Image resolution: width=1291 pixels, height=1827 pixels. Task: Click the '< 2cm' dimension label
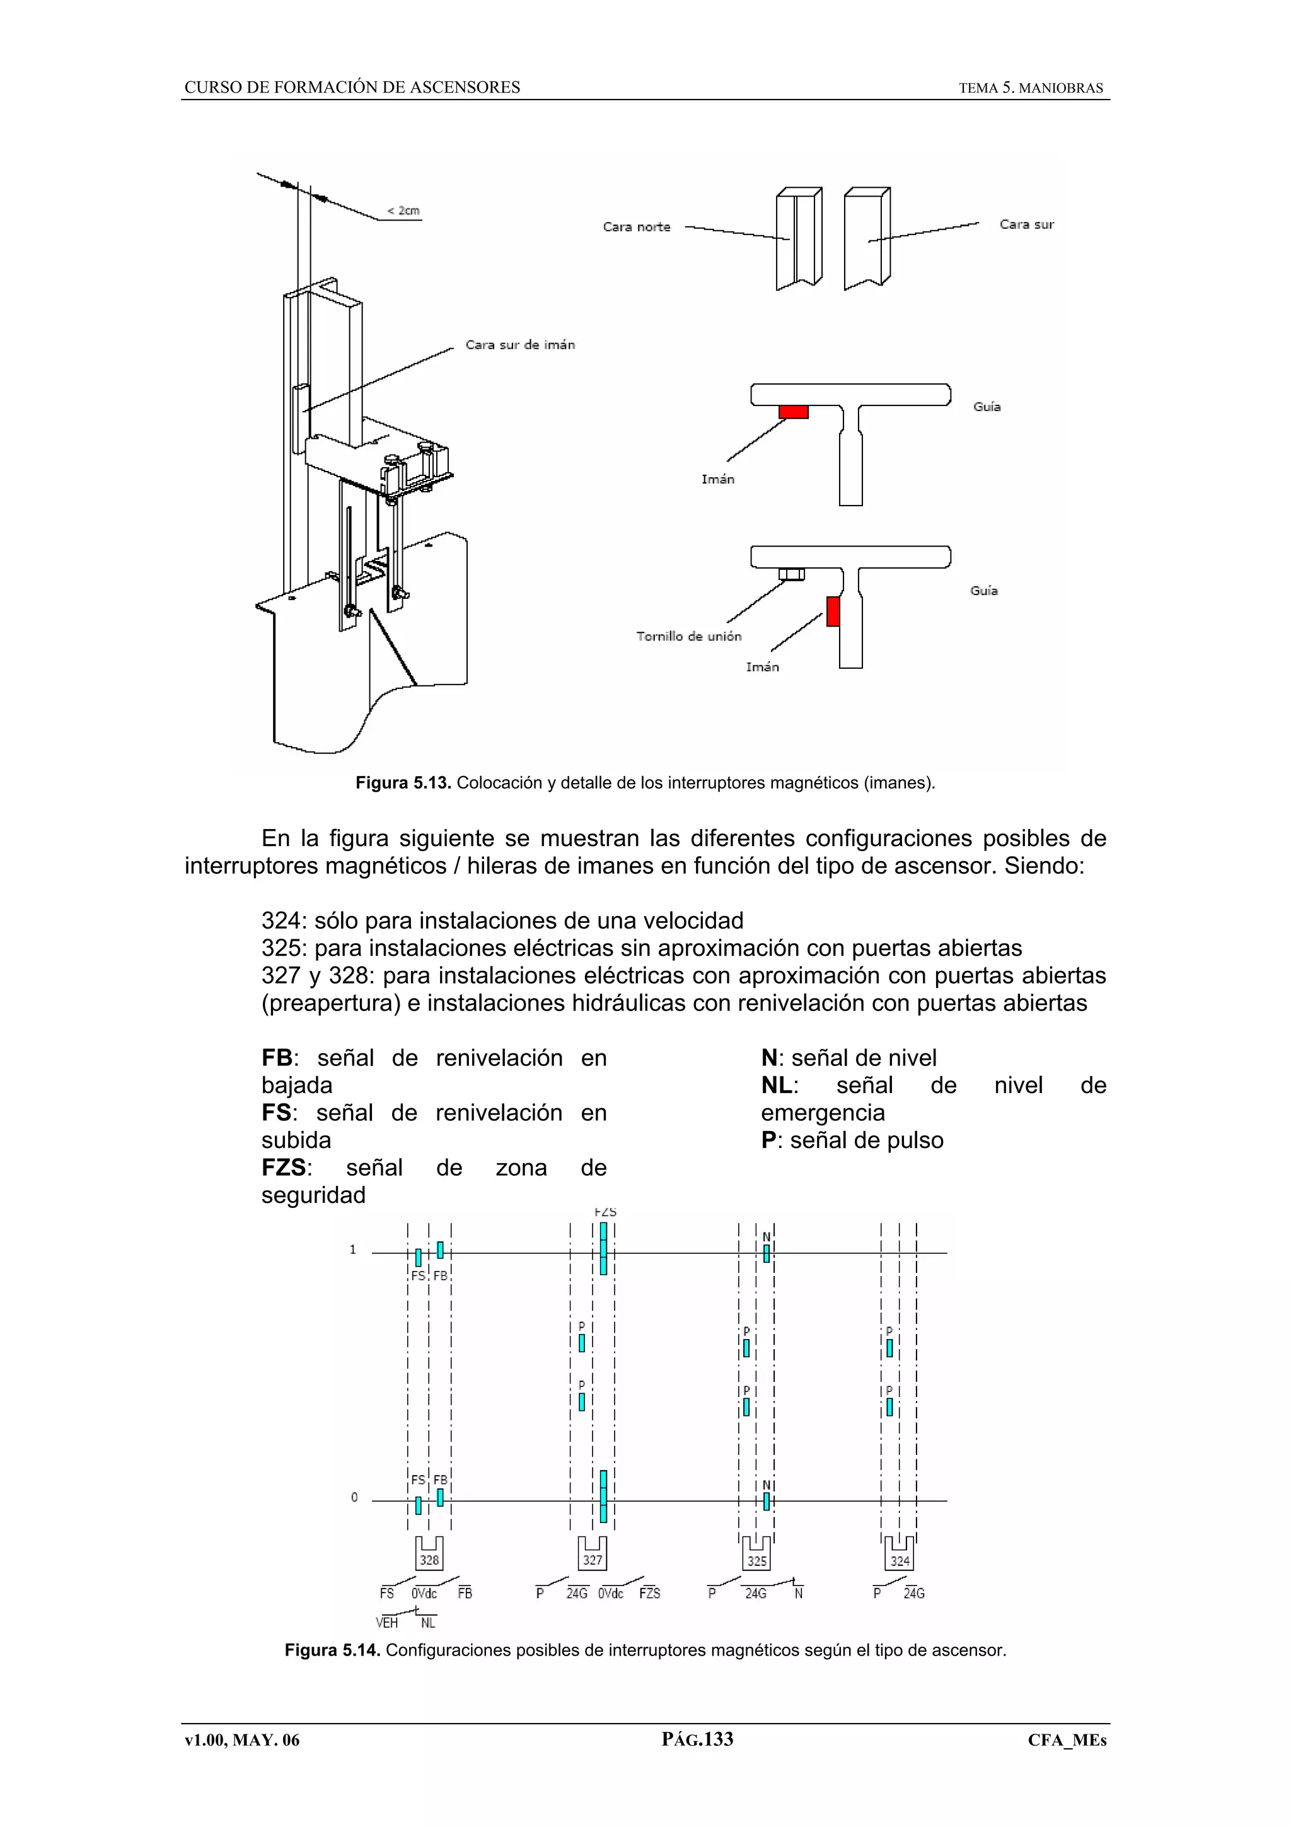click(403, 211)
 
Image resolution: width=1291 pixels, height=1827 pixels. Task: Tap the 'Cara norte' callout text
click(636, 227)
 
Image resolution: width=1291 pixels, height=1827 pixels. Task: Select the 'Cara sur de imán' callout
click(519, 345)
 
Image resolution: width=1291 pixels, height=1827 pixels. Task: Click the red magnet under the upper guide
click(793, 412)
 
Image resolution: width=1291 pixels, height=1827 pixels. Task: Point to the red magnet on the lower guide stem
click(833, 611)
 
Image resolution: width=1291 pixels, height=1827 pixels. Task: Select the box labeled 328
click(429, 1559)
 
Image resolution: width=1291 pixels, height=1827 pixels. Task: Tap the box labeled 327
click(592, 1559)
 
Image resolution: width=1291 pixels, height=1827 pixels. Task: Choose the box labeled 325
click(756, 1560)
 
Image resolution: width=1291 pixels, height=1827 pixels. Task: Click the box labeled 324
click(900, 1560)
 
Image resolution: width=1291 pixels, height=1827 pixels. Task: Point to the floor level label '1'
click(352, 1250)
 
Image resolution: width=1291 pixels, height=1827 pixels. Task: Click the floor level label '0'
click(354, 1497)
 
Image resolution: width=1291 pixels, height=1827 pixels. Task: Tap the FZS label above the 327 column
click(605, 1212)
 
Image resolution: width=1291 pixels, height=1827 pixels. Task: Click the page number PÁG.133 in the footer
click(697, 1739)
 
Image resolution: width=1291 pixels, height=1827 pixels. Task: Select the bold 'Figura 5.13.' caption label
click(403, 783)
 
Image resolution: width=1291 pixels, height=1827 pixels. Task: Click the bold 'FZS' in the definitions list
click(283, 1168)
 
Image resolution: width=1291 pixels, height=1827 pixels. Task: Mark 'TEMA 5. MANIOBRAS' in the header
click(1030, 88)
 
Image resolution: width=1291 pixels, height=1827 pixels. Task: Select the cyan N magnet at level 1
click(766, 1253)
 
